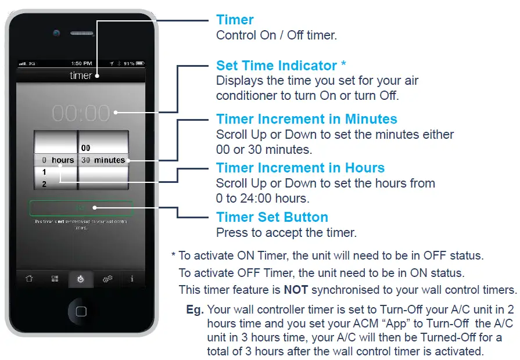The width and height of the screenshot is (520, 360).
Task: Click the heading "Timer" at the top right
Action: pos(235,20)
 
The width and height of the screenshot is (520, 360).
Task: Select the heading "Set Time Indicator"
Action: pos(277,65)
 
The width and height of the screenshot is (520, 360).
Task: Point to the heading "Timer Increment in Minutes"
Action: pos(307,119)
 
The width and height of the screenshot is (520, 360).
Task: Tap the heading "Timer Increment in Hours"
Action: pos(300,168)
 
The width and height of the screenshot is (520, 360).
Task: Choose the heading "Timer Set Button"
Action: pos(272,217)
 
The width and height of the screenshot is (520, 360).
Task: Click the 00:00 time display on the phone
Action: pos(81,113)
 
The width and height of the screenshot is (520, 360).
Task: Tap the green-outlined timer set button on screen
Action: pos(81,208)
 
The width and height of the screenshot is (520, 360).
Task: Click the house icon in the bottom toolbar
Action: pos(29,279)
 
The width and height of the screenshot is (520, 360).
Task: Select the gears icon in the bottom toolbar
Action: pos(107,279)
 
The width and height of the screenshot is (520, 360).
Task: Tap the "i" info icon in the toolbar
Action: pos(132,279)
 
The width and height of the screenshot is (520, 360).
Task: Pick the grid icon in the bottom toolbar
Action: pos(55,279)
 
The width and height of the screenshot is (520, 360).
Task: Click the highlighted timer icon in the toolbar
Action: pos(81,279)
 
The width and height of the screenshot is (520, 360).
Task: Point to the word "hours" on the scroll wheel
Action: pos(63,160)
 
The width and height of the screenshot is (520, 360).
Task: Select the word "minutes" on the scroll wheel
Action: pos(110,160)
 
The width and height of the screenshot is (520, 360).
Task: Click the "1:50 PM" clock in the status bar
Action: pos(81,63)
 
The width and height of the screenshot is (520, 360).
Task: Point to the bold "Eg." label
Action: pos(195,309)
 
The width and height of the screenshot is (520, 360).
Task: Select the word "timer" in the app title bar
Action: pos(81,75)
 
